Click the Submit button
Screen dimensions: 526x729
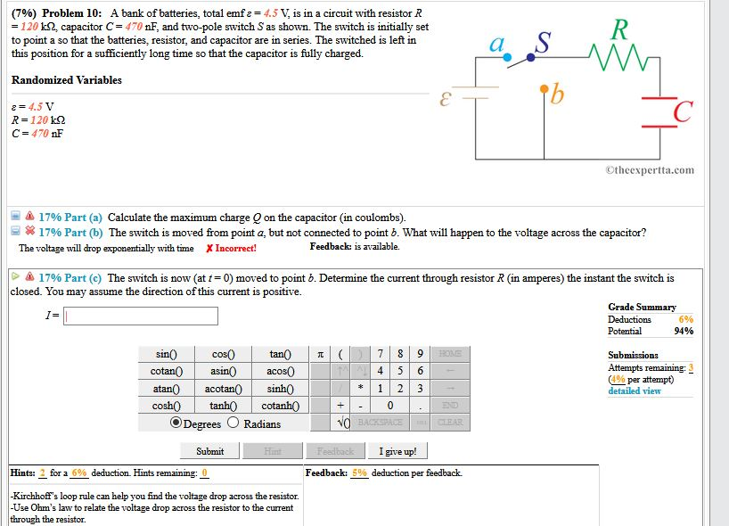(x=209, y=451)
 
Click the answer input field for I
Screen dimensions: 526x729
(x=140, y=316)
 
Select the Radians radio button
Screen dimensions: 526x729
(x=233, y=423)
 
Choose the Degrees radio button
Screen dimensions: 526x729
(x=176, y=423)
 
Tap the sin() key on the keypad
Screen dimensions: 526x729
(x=166, y=355)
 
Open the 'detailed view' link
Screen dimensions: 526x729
(x=635, y=390)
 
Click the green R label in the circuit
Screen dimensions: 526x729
(x=619, y=29)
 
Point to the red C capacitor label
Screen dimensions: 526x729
(x=683, y=112)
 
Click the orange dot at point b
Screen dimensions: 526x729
(x=545, y=88)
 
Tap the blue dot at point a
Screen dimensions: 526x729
(x=507, y=57)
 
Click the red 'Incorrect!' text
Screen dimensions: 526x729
(x=231, y=248)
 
